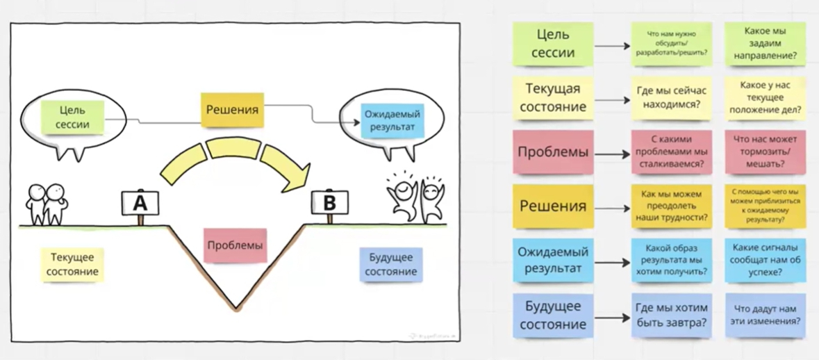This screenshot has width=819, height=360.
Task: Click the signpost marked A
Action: click(140, 203)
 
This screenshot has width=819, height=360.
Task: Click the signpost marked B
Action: click(329, 203)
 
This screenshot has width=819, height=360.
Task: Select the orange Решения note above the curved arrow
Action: click(233, 110)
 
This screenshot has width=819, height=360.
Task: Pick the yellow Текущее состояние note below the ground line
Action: click(72, 263)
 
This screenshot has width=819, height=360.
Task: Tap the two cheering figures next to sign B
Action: click(415, 198)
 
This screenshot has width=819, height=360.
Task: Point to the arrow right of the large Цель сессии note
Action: click(611, 45)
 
